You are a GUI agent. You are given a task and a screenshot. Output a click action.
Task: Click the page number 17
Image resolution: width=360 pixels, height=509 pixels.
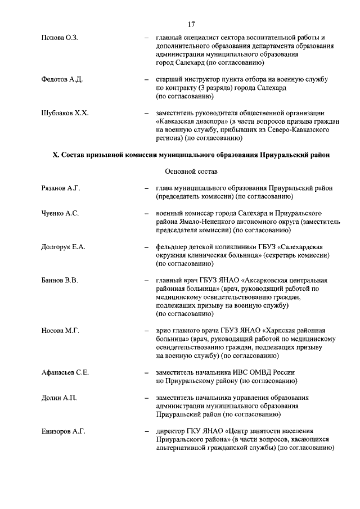point(191,24)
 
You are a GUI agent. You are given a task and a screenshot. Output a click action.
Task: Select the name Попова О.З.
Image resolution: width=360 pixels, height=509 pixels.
point(60,38)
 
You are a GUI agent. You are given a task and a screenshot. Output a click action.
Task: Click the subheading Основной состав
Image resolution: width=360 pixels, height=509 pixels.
point(191,171)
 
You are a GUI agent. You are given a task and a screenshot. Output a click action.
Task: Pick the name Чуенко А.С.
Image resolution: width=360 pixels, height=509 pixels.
point(60,214)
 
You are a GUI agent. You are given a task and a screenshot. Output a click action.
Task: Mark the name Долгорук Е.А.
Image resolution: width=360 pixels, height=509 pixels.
point(64,247)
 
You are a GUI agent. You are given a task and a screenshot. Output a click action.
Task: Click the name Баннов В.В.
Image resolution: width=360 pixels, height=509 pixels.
point(59,280)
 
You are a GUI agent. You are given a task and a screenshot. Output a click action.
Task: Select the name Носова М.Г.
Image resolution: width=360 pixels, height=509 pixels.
point(60,330)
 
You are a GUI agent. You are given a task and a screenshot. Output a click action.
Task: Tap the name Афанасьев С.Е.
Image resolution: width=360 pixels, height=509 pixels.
point(65,372)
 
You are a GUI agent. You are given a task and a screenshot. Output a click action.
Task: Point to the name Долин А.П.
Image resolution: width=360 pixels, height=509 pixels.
point(58,398)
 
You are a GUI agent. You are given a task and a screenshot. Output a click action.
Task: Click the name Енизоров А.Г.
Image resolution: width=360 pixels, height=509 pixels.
point(63,431)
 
